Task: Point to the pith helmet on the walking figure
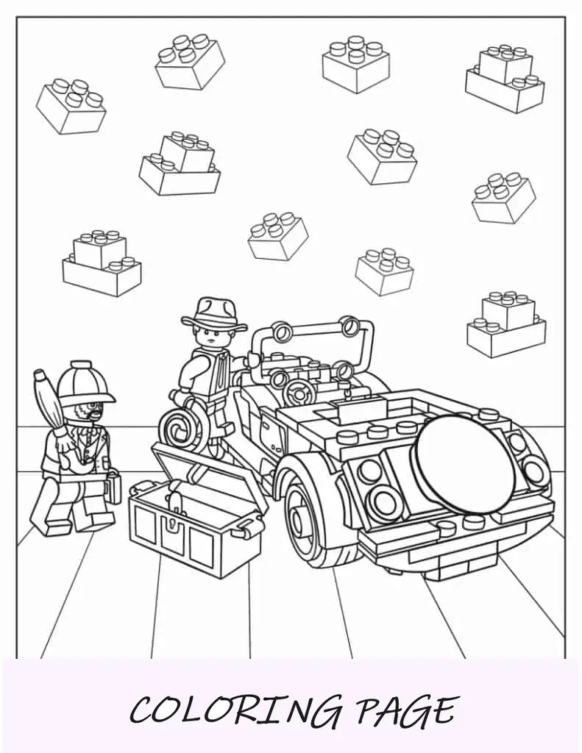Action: coord(85,382)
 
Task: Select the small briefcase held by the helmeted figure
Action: coord(114,487)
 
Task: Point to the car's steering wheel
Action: coord(298,393)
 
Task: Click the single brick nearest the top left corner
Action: coord(71,107)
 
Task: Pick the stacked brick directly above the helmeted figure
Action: coord(102,263)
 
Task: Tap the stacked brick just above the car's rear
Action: coord(506,324)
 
